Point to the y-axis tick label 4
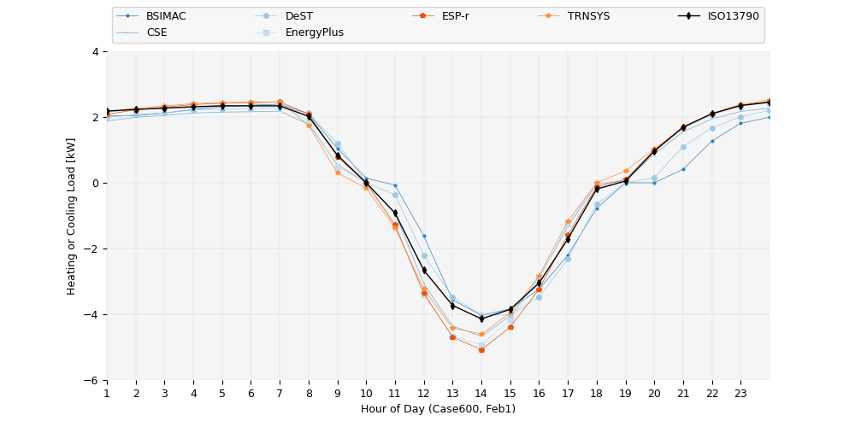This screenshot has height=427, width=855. [x=97, y=52]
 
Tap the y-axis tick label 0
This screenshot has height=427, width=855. [x=97, y=184]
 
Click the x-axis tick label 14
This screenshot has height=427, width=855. [x=481, y=393]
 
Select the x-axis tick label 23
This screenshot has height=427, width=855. [x=740, y=393]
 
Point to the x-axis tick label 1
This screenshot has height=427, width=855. [x=107, y=393]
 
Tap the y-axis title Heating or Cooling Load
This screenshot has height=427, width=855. [x=72, y=216]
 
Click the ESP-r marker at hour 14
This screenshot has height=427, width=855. [x=481, y=350]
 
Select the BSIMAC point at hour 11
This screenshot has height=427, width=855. [x=395, y=185]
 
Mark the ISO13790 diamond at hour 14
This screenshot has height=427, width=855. [x=481, y=319]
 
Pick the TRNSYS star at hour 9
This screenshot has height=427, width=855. [x=338, y=173]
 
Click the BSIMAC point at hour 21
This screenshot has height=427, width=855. [x=683, y=169]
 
